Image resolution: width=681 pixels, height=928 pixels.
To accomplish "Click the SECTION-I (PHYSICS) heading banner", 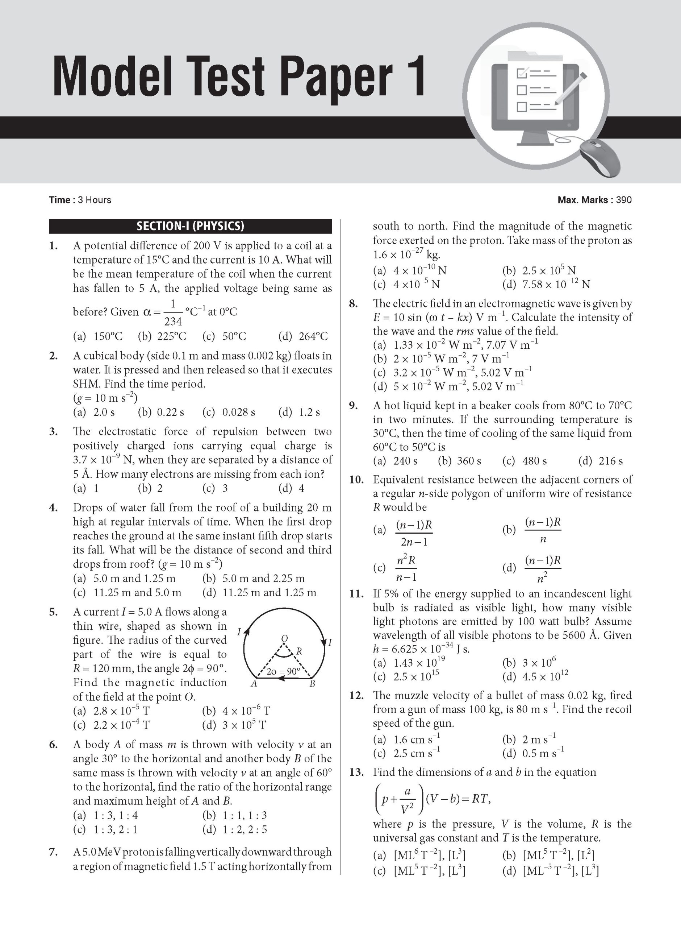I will [190, 226].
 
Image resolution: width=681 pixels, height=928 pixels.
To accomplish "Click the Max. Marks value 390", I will [624, 200].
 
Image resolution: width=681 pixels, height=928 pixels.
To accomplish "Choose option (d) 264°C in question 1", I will [303, 336].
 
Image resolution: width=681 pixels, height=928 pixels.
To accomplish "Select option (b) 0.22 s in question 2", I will [161, 412].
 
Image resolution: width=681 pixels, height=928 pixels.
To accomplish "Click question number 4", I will [53, 508].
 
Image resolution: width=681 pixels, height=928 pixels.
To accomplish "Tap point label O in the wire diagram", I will [284, 638].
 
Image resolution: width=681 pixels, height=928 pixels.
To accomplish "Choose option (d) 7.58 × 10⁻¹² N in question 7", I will [546, 284].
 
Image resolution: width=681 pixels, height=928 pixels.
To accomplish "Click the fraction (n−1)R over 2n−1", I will [414, 533].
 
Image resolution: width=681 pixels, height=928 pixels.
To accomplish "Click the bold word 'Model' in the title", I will [112, 77].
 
